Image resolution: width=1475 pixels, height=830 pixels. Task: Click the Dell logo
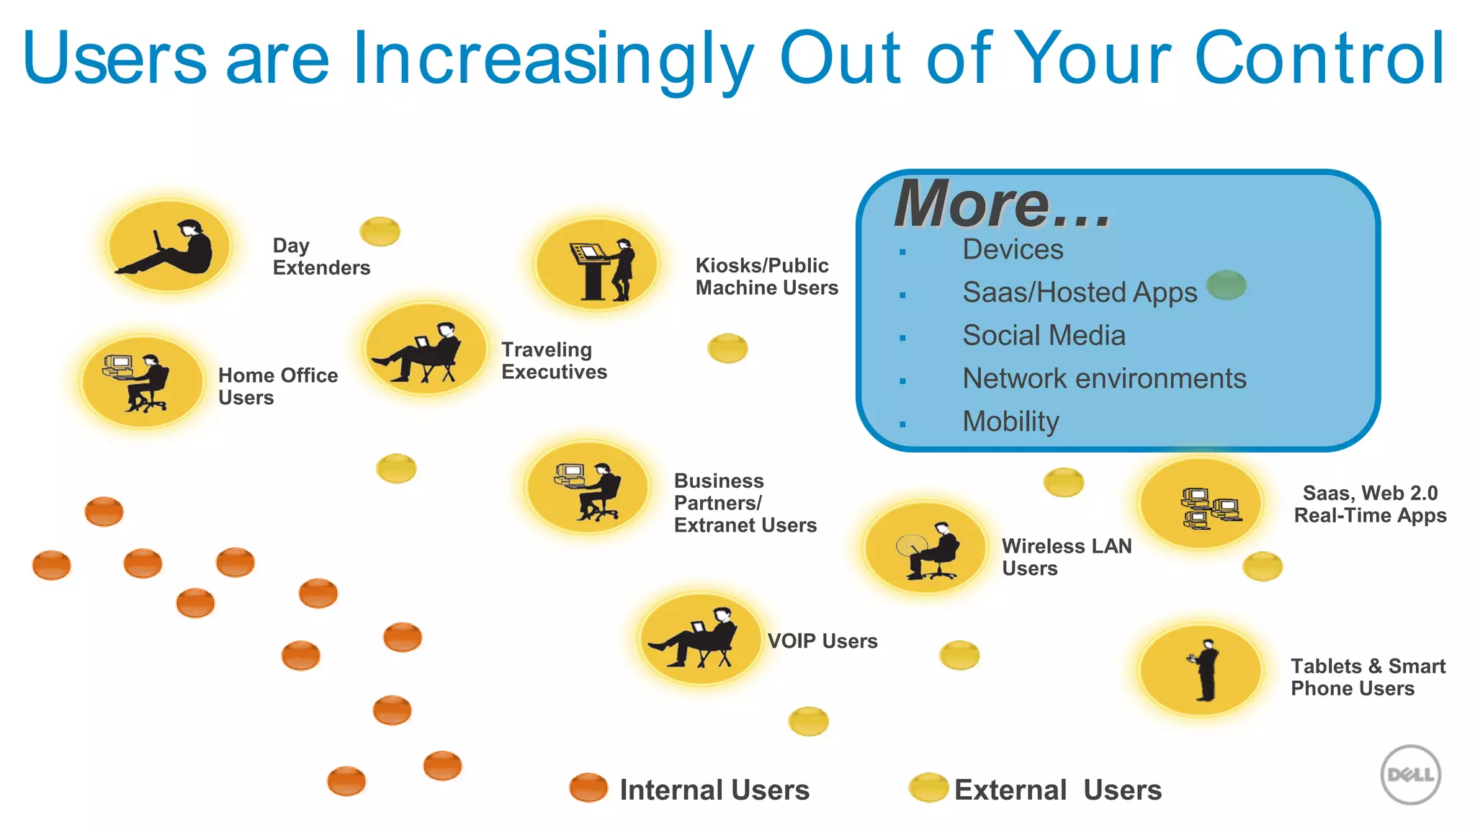pyautogui.click(x=1410, y=775)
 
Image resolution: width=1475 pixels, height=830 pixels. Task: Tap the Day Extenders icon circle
pyautogui.click(x=169, y=246)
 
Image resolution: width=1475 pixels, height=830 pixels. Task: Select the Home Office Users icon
pyautogui.click(x=143, y=382)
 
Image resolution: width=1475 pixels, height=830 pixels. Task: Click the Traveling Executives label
pyautogui.click(x=554, y=361)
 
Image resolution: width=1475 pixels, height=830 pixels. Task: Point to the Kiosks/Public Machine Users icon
pyautogui.click(x=597, y=264)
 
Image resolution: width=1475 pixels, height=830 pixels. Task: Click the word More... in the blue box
pyautogui.click(x=1003, y=205)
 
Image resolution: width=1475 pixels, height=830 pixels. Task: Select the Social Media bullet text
pyautogui.click(x=1044, y=336)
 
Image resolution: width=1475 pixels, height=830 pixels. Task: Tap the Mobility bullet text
pyautogui.click(x=1010, y=421)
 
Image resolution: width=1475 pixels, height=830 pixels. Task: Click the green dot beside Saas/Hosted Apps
pyautogui.click(x=1226, y=285)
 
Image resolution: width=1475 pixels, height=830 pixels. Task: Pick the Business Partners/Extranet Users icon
pyautogui.click(x=588, y=488)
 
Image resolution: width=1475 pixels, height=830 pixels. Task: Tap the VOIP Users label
pyautogui.click(x=822, y=641)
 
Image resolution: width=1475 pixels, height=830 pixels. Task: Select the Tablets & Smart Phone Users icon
pyautogui.click(x=1201, y=671)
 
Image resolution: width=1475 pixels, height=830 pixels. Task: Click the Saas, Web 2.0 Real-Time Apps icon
pyautogui.click(x=1201, y=504)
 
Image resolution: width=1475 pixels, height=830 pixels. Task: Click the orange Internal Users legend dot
pyautogui.click(x=588, y=787)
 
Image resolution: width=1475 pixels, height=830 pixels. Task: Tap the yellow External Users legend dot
pyautogui.click(x=928, y=787)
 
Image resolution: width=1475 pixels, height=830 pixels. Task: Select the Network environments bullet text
pyautogui.click(x=1104, y=379)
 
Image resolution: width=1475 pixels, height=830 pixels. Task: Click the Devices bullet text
pyautogui.click(x=1013, y=250)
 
